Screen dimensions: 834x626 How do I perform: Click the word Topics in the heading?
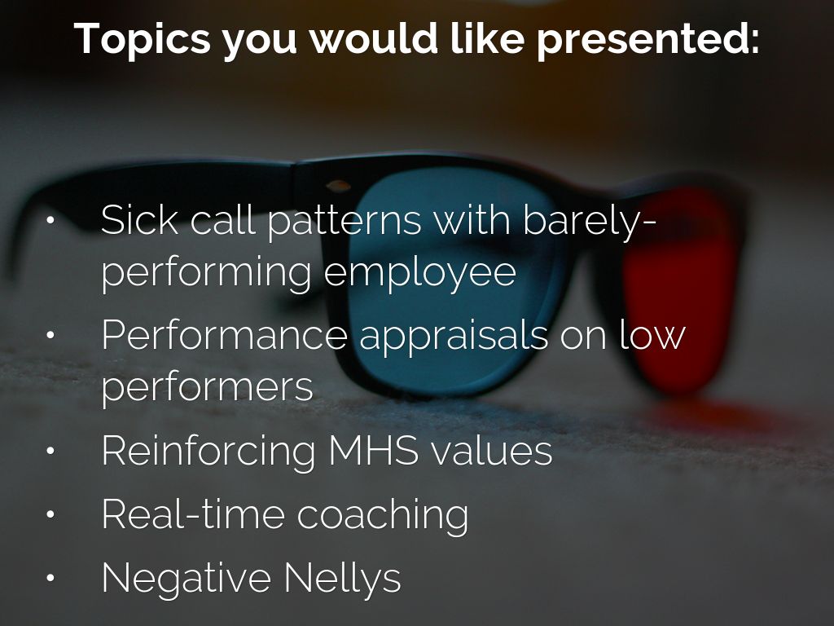[x=143, y=39]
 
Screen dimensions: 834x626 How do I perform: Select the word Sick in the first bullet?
[x=140, y=219]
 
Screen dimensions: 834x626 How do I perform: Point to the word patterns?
[x=345, y=222]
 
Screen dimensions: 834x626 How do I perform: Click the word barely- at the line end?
[x=590, y=222]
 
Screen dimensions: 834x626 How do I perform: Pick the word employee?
[x=420, y=272]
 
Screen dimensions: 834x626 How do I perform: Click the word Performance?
[x=224, y=335]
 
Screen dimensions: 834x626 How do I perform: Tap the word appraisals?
[x=454, y=337]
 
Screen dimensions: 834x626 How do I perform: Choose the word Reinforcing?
[x=208, y=452]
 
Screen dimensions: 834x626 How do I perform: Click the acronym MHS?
[x=373, y=450]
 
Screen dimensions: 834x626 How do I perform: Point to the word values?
[x=491, y=450]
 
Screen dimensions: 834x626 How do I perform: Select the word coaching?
[x=383, y=516]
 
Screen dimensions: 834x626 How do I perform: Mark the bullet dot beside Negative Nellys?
[x=50, y=578]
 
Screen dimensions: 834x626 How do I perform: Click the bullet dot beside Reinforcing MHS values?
[x=50, y=451]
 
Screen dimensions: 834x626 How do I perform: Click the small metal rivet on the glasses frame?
[x=338, y=186]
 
